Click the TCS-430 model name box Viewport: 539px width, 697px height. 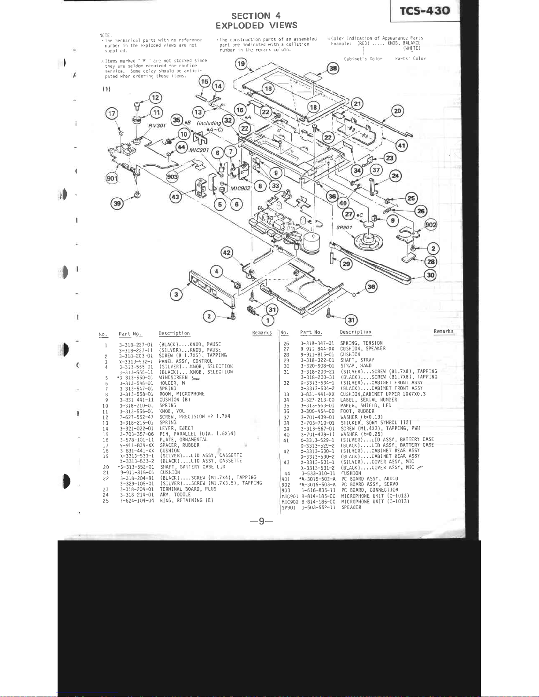pyautogui.click(x=425, y=11)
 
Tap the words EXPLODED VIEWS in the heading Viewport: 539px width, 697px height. pyautogui.click(x=256, y=26)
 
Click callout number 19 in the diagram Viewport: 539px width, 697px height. pyautogui.click(x=242, y=64)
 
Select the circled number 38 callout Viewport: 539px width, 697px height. pyautogui.click(x=334, y=69)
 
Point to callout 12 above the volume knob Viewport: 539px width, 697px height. pyautogui.click(x=156, y=98)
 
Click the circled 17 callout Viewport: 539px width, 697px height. pyautogui.click(x=112, y=114)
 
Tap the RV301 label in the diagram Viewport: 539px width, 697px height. pyautogui.click(x=157, y=125)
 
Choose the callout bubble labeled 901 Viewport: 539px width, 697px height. pyautogui.click(x=112, y=179)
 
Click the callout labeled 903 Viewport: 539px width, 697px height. pyautogui.click(x=172, y=176)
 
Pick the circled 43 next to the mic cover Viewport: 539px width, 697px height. pyautogui.click(x=176, y=197)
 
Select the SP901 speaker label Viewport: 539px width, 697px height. pyautogui.click(x=345, y=228)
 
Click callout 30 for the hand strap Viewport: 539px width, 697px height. pyautogui.click(x=430, y=275)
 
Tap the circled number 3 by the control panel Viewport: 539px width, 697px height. pyautogui.click(x=176, y=294)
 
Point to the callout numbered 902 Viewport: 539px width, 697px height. pyautogui.click(x=431, y=225)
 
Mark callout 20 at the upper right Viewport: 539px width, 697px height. pyautogui.click(x=398, y=111)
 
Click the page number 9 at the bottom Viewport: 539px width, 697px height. pyautogui.click(x=261, y=522)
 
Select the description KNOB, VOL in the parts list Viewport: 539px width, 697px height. pyautogui.click(x=172, y=411)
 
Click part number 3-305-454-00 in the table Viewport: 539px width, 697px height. pyautogui.click(x=317, y=411)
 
